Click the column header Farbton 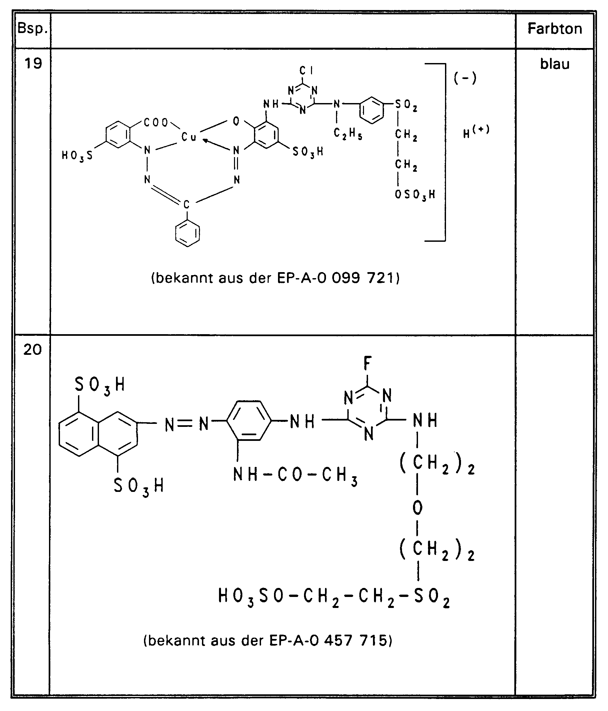(555, 29)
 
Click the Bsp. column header (32, 28)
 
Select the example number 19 (33, 63)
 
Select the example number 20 (33, 350)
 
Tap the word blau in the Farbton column (555, 64)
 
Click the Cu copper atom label (189, 137)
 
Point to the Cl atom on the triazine (306, 71)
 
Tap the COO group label (156, 122)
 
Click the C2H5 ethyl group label (348, 134)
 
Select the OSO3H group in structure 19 (415, 195)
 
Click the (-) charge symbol (465, 78)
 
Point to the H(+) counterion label (476, 132)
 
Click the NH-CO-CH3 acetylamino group (295, 475)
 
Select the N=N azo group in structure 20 (187, 424)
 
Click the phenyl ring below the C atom (187, 233)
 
